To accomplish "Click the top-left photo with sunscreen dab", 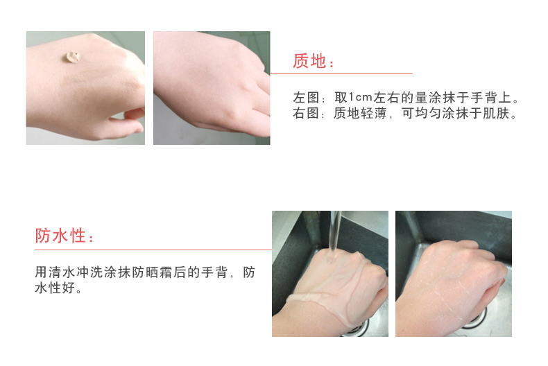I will click(85, 88).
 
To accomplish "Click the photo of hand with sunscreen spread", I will click(212, 88).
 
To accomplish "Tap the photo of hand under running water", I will click(329, 274).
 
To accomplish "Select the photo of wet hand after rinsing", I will click(453, 274).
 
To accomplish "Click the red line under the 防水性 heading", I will click(153, 250).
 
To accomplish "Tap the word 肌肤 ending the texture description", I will click(497, 113).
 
